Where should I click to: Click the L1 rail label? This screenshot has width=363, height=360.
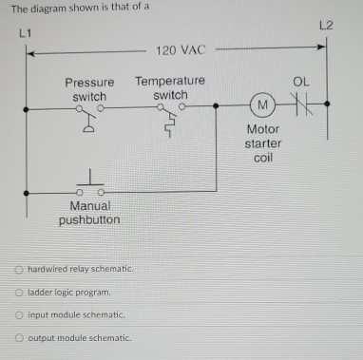[26, 35]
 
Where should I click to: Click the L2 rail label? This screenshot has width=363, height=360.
[327, 22]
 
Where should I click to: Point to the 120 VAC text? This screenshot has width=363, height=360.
[181, 49]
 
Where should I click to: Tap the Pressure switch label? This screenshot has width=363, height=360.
[89, 89]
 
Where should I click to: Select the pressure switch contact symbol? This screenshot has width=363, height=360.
[86, 115]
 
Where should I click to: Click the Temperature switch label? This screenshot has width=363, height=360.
[170, 89]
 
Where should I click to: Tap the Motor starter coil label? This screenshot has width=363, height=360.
[263, 142]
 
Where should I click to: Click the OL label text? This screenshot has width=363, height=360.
[301, 83]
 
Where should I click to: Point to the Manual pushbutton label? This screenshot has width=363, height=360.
[89, 212]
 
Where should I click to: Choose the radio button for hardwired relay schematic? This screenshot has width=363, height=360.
[18, 269]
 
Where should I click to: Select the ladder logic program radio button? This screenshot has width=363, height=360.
[18, 292]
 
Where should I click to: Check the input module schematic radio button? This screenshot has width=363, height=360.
[18, 314]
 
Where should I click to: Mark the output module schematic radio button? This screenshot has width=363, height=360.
[18, 337]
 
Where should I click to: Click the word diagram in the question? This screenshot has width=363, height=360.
[48, 8]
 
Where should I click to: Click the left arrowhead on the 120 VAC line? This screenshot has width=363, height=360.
[29, 52]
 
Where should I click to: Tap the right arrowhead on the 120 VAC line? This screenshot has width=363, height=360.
[322, 44]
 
